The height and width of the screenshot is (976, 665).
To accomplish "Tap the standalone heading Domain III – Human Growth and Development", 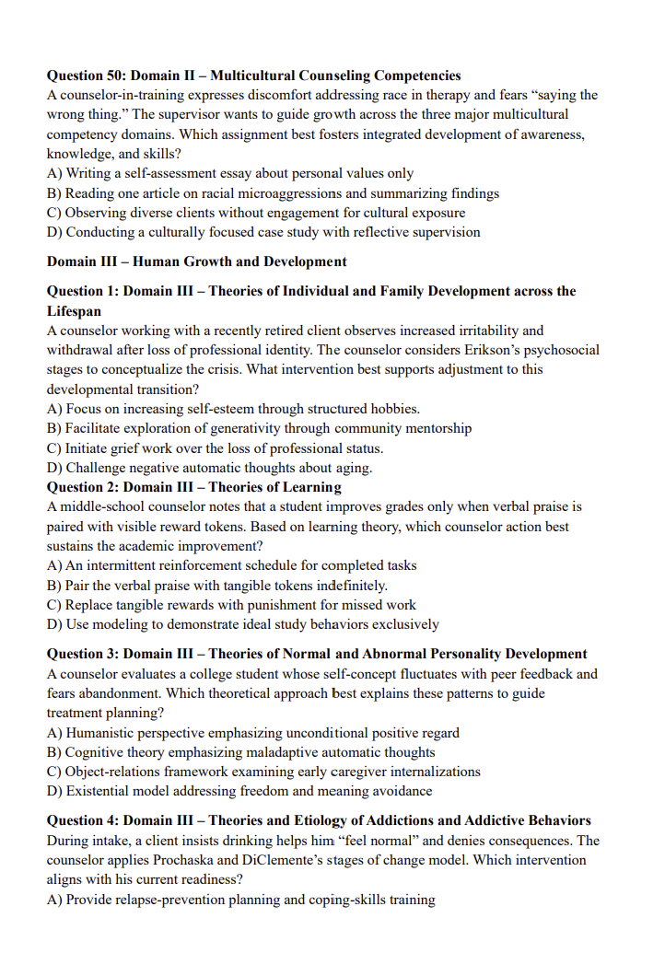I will tap(196, 261).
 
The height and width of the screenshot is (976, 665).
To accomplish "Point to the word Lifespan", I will tap(75, 311).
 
